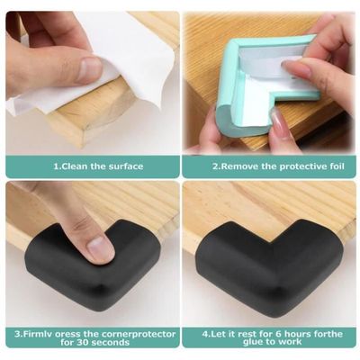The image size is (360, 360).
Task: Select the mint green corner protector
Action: tap(238, 99)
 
